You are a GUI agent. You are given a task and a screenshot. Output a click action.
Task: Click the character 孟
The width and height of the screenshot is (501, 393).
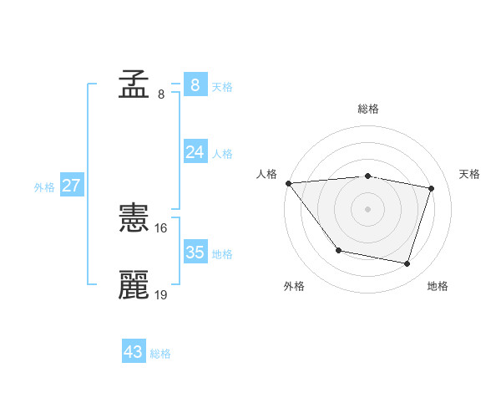point(134,85)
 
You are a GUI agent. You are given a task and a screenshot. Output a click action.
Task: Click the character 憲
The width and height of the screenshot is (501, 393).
point(134,219)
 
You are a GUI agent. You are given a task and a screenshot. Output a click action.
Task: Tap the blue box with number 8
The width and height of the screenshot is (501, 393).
point(195,84)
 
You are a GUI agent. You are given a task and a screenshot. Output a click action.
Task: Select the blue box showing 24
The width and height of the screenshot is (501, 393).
point(195,151)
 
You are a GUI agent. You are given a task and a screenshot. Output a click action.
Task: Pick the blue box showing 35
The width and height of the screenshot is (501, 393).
point(195,252)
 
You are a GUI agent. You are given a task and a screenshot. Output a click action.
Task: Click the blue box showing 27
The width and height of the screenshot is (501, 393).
point(71,185)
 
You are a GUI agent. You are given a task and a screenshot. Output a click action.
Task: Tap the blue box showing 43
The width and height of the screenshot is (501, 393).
point(133,352)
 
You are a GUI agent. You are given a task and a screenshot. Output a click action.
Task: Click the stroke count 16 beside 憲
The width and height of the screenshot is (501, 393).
point(161,227)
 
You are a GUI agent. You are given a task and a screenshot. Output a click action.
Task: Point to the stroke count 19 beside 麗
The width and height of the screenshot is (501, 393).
point(161,294)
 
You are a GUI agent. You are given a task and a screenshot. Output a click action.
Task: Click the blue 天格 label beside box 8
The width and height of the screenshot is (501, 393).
point(222,86)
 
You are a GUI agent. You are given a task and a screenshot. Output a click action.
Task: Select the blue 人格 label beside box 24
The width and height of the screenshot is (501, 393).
point(222,154)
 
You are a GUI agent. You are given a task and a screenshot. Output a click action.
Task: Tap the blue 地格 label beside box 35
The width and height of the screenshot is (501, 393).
point(222,254)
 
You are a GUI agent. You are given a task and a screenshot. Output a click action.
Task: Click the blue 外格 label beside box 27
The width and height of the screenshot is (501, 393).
point(44,187)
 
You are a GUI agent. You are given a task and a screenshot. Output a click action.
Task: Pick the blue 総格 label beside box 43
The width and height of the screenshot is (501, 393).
point(160,355)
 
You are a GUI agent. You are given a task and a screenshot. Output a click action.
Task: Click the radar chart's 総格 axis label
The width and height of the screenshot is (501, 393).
point(368,109)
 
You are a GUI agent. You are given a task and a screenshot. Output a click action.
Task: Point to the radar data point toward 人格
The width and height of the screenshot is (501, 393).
point(288,183)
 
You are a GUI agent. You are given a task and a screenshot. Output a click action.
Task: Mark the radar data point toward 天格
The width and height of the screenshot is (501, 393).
point(432,188)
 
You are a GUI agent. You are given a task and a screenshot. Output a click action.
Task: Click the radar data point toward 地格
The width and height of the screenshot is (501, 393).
point(407,263)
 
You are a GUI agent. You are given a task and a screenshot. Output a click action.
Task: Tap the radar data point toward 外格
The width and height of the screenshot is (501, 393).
point(338,250)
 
